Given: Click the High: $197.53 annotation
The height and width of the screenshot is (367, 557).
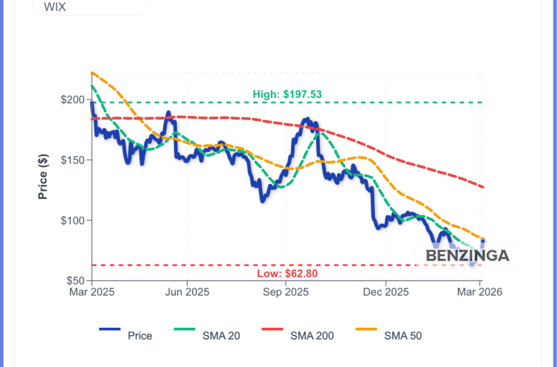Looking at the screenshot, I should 287,94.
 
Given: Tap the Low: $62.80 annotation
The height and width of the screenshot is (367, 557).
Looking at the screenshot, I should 287,273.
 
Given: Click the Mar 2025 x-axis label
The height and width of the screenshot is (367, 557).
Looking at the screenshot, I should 91,292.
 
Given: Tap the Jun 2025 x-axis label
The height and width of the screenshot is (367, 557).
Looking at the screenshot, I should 187,292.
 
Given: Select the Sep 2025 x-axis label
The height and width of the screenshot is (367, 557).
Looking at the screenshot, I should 286,292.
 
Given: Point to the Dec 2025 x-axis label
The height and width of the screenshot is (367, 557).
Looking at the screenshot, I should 385,292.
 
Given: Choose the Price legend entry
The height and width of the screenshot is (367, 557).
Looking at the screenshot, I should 126,335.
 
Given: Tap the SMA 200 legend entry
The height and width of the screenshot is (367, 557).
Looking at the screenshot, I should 298,335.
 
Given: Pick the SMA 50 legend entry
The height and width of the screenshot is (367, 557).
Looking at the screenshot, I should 388,335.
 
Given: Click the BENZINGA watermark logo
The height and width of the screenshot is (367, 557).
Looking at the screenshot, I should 467,256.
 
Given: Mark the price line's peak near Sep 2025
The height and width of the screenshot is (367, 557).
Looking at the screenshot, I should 307,119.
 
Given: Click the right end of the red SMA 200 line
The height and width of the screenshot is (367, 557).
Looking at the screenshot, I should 482,187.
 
